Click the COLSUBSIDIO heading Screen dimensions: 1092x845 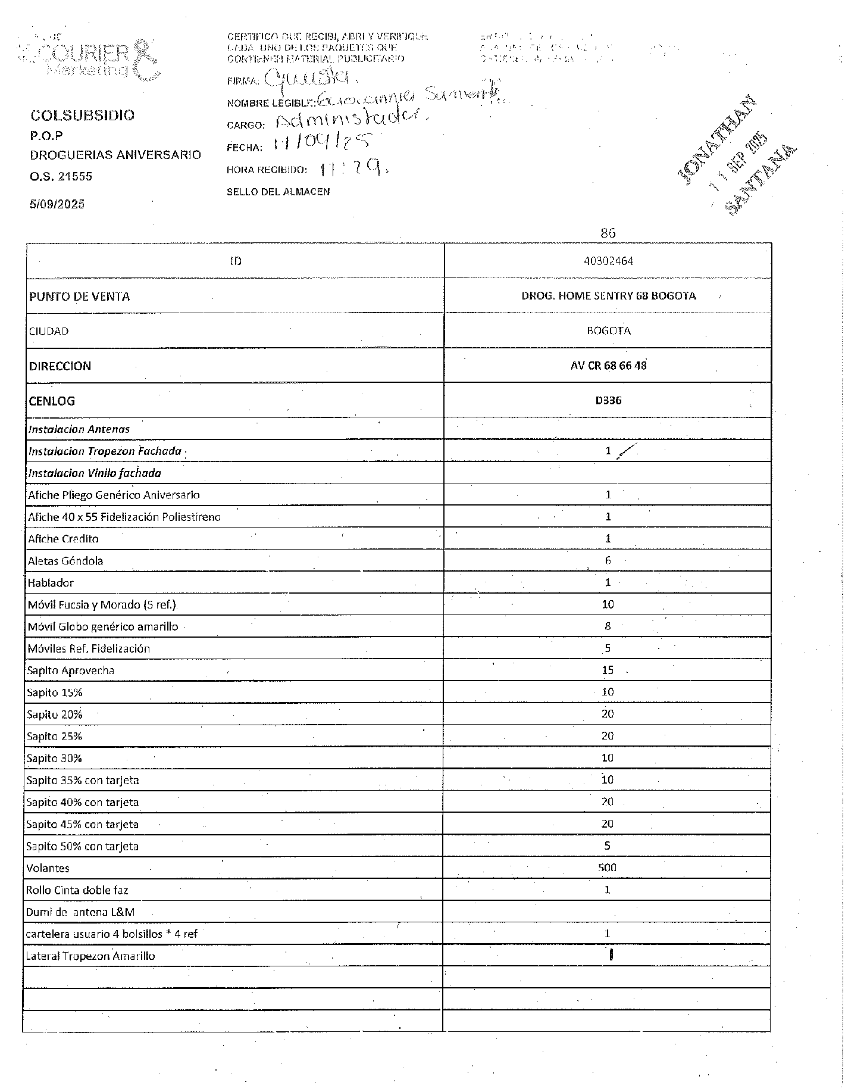[82, 115]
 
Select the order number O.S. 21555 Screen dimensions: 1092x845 [61, 176]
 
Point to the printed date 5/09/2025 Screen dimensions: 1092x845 [57, 204]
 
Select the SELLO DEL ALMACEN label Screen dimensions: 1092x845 [278, 192]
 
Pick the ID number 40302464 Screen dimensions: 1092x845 [608, 261]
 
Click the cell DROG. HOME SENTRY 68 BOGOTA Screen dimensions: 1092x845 [608, 296]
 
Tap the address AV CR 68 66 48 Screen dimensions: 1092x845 [608, 366]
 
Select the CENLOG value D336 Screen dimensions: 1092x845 [608, 400]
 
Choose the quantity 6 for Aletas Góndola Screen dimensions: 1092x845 [608, 560]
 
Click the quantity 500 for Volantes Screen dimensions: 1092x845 [607, 868]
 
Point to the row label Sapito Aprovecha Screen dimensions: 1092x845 [70, 670]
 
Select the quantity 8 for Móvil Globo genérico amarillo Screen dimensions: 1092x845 [608, 626]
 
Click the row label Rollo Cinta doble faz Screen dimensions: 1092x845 [77, 890]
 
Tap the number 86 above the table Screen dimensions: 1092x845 [608, 233]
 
